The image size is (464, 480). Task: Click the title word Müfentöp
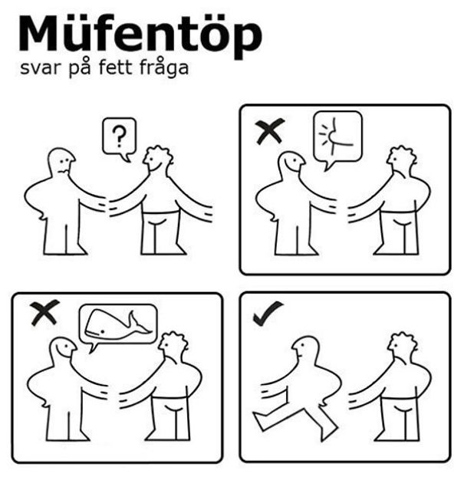pos(140,36)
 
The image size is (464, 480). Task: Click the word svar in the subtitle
pos(39,68)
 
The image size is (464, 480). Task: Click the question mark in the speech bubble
pos(119,136)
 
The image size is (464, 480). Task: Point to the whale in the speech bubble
pos(117,324)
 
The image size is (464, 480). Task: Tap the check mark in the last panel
pos(268,313)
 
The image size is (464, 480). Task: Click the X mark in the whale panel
pos(44,313)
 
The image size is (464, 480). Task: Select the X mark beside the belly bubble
pos(270,131)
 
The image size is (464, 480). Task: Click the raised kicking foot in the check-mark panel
pos(261,422)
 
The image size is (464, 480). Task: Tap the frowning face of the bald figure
pos(64,165)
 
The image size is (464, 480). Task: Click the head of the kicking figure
pos(304,350)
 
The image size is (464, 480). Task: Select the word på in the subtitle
pos(79,67)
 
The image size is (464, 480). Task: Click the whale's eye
pos(103,331)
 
